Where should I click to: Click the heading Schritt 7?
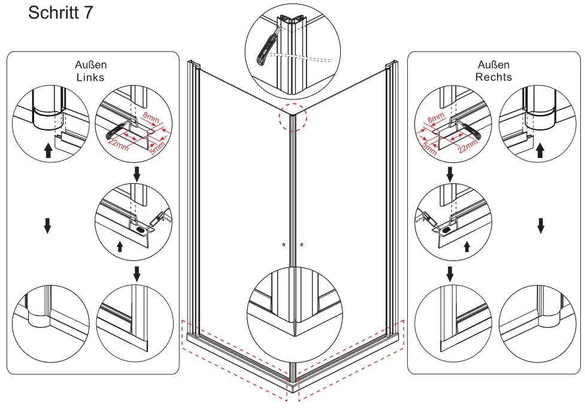[x=60, y=13]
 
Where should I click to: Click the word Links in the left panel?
[x=90, y=77]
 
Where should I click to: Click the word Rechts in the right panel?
[x=493, y=77]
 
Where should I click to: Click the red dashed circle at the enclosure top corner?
[x=293, y=118]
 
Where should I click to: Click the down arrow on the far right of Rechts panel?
[x=540, y=225]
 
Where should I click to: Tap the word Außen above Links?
[x=90, y=65]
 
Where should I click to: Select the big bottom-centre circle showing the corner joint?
[x=293, y=317]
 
